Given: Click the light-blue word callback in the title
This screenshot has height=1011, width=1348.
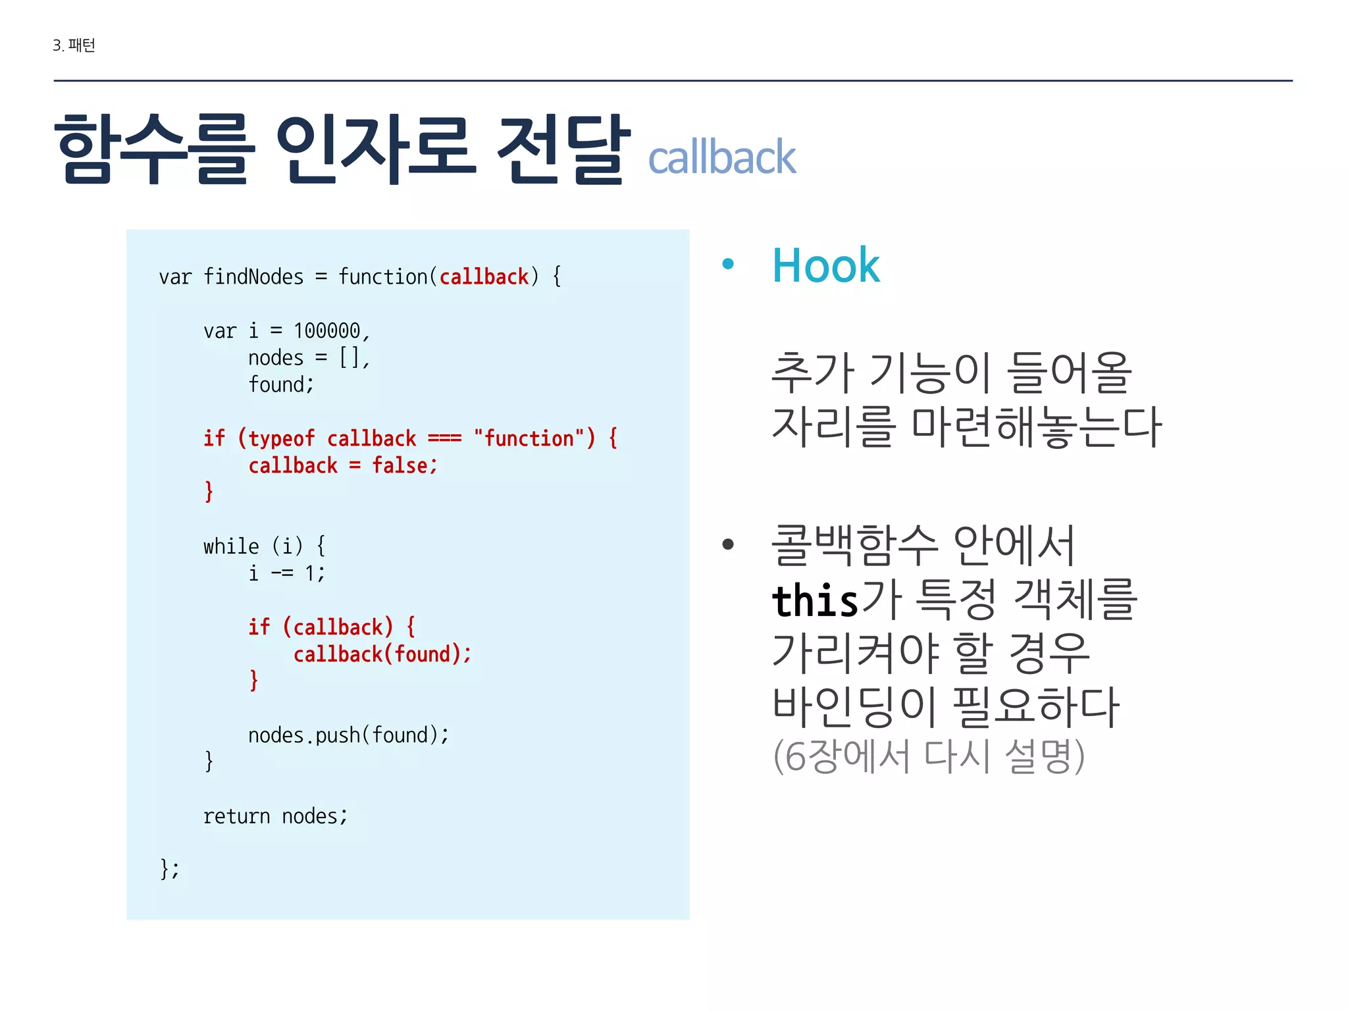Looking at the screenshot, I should click(721, 158).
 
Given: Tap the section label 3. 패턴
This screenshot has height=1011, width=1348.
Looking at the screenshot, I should click(74, 45).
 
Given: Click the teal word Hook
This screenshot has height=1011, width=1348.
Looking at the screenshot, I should click(825, 266).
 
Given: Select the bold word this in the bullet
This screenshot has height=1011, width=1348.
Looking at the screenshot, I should click(815, 600).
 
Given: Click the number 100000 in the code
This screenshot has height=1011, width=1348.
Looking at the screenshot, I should click(326, 330).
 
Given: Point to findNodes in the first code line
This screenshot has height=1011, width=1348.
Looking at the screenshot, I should click(253, 276).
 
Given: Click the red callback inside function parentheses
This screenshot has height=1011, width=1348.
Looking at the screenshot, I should click(484, 276).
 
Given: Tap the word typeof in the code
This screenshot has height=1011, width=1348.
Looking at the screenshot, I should click(281, 438).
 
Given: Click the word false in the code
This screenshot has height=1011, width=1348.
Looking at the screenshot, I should click(400, 465).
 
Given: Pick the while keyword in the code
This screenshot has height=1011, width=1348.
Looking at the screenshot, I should click(231, 546).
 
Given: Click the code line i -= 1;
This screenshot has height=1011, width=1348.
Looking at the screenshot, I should click(286, 573).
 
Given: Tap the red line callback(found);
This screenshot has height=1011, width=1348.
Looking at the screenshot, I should click(382, 654).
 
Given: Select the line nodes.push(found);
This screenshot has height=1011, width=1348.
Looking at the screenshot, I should click(348, 735).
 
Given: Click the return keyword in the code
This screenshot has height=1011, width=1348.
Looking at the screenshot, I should click(236, 816).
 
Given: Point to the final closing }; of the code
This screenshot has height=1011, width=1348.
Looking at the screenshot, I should click(169, 869).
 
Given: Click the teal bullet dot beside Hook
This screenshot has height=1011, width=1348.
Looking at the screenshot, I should click(727, 265).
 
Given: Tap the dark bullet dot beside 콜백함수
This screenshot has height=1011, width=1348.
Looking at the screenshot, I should click(727, 544).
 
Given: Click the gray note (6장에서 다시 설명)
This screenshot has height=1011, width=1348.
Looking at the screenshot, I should click(928, 756).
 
